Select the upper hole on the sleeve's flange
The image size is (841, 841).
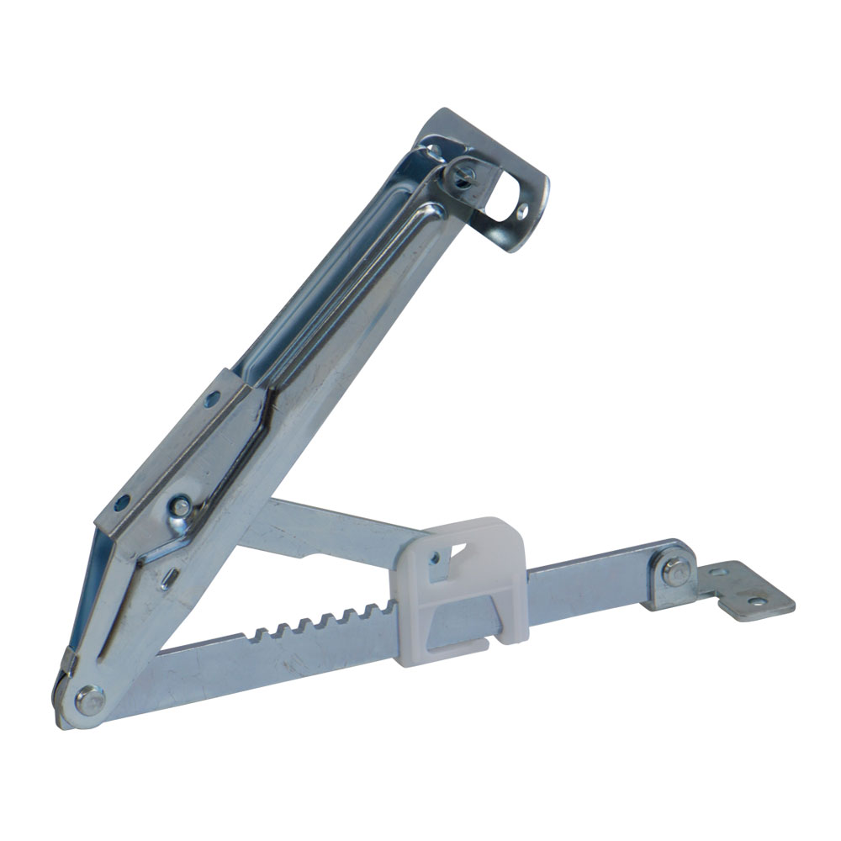click(212, 397)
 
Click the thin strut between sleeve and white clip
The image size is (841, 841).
click(336, 521)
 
